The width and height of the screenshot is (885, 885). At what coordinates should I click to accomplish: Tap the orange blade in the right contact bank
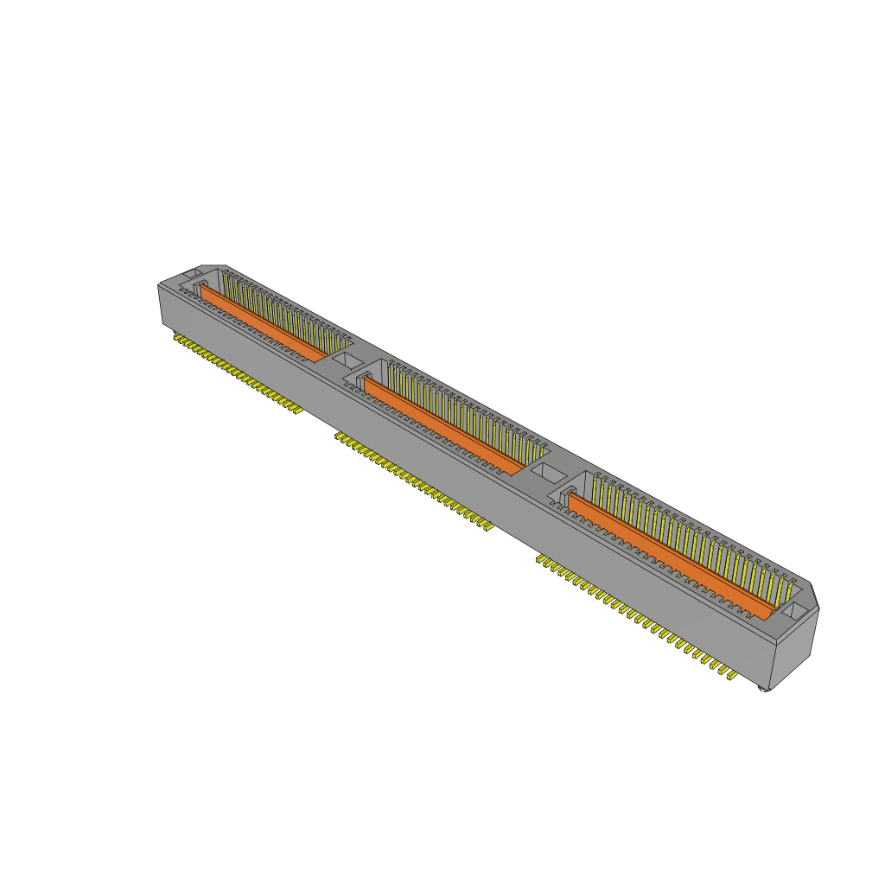click(x=665, y=553)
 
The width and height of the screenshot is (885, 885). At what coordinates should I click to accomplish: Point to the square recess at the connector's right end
click(x=797, y=610)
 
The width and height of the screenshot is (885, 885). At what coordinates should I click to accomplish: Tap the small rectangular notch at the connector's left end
click(x=195, y=273)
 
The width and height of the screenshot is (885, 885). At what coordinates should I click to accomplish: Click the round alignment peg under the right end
click(x=762, y=689)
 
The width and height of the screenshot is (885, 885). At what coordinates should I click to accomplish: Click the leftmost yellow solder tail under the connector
click(x=175, y=339)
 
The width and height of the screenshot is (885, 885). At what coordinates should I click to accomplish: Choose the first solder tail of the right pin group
click(x=540, y=560)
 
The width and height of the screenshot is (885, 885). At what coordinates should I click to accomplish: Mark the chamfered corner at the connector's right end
click(x=812, y=594)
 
